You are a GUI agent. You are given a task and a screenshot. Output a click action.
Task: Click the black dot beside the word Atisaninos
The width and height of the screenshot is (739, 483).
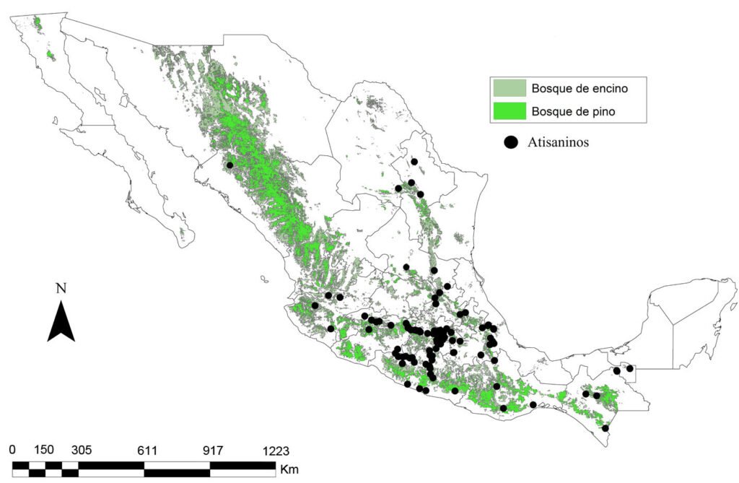pos(511,142)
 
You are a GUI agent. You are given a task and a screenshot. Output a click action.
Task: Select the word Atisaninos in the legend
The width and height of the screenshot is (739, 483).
pos(558,142)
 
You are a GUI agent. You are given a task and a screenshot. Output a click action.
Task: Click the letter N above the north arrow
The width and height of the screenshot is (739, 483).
pos(61,288)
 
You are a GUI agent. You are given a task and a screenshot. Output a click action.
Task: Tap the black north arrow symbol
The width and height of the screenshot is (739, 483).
pos(61,321)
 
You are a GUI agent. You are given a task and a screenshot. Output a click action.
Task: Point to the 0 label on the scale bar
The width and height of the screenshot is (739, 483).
pos(12,450)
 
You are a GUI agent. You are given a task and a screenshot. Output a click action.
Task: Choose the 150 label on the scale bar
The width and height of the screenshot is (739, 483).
pos(44,450)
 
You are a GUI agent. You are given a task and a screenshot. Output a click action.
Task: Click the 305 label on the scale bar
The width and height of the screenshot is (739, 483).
pos(81,450)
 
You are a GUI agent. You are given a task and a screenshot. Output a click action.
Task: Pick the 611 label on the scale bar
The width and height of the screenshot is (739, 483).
pos(147,450)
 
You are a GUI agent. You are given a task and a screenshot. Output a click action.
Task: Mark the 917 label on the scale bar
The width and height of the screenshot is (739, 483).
pos(213,450)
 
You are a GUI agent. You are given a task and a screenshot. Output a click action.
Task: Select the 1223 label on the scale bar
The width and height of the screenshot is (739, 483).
pos(275,450)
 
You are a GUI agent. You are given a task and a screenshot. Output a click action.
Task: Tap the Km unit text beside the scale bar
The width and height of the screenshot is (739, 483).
pos(289,469)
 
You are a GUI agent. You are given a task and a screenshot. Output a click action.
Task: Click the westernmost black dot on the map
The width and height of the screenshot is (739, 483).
pos(229,165)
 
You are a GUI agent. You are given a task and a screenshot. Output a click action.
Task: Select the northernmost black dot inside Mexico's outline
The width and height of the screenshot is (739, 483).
pos(414,162)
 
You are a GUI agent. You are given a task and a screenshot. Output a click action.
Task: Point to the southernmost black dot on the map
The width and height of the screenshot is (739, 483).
pos(605,428)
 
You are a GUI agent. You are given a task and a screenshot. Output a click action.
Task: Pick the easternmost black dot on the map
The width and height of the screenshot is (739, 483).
pos(629,368)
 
